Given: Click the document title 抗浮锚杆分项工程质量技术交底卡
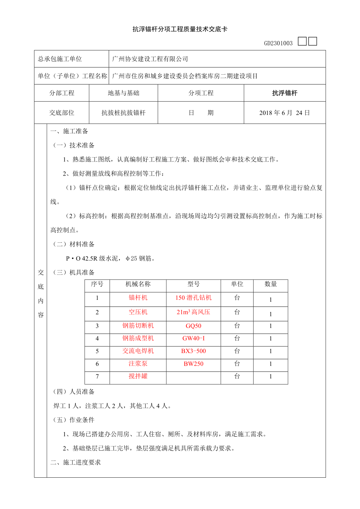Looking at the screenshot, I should click(x=180, y=29).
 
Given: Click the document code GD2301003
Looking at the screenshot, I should click(x=278, y=43).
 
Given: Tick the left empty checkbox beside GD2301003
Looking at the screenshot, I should click(x=302, y=41).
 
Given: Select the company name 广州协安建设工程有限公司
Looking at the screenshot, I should click(x=150, y=59).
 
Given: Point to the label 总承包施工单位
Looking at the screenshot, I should click(x=60, y=59).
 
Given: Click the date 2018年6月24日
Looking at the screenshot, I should click(x=284, y=113).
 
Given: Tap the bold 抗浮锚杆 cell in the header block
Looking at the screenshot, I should click(x=284, y=93).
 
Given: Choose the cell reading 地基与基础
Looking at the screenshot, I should click(x=123, y=93).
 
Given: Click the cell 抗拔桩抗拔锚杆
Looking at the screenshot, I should click(x=123, y=113).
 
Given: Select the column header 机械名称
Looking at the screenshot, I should click(x=138, y=284).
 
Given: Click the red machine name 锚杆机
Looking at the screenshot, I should click(x=138, y=298).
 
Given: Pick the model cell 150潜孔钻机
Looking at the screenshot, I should click(x=193, y=298).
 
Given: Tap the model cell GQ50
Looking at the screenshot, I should click(x=193, y=326).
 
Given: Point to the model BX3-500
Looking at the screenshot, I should click(x=193, y=351).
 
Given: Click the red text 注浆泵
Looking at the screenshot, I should click(x=138, y=364).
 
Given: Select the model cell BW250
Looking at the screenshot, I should click(x=193, y=364).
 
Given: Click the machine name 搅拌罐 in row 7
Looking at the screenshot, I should click(x=138, y=376).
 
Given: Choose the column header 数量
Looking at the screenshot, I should click(x=270, y=284).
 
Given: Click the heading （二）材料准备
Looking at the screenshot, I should click(x=74, y=244).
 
